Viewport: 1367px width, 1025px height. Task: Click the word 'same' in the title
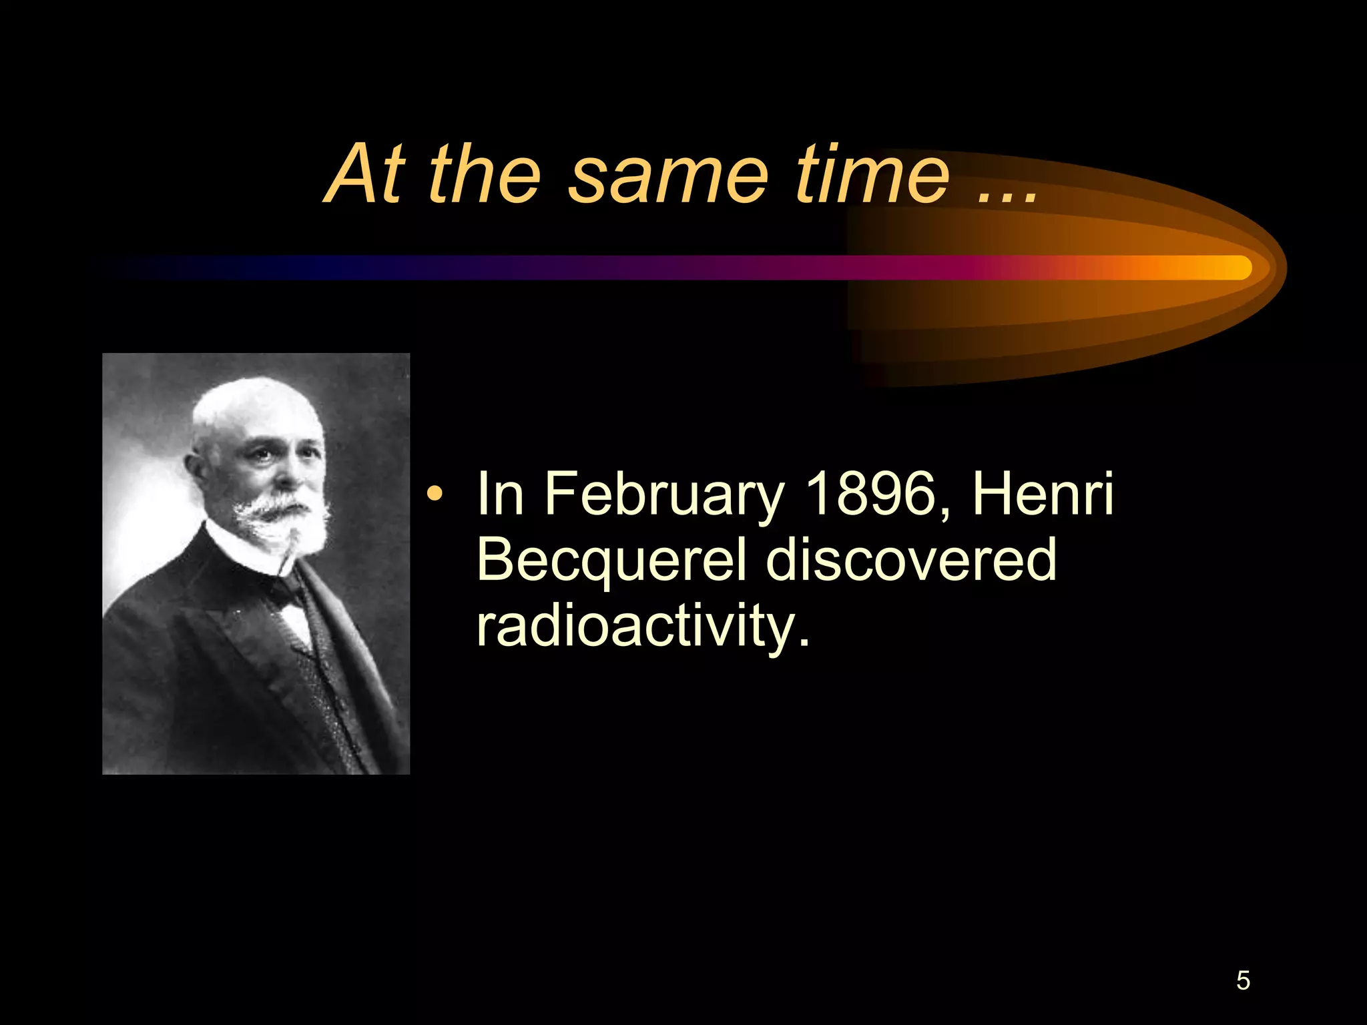tap(668, 175)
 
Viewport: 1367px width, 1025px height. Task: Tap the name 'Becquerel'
tap(611, 561)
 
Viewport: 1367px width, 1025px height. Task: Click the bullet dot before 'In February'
tap(435, 494)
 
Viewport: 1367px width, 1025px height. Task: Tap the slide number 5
tap(1243, 980)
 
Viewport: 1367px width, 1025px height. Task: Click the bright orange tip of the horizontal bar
tap(1235, 268)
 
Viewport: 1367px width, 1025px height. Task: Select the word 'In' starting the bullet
tap(499, 494)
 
